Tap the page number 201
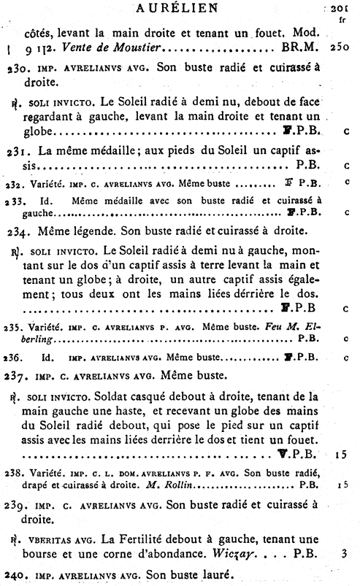click(x=342, y=9)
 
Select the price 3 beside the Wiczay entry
click(x=342, y=554)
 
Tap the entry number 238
click(x=13, y=471)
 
